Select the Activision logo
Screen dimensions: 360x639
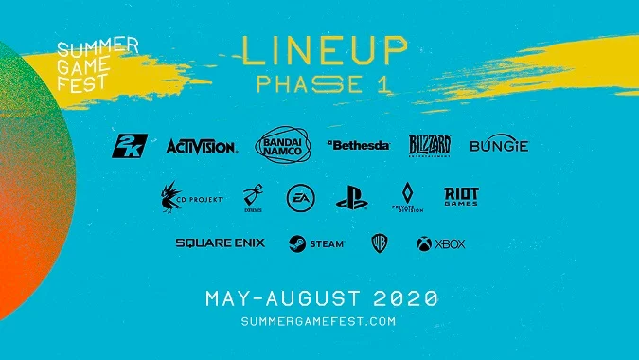coord(202,146)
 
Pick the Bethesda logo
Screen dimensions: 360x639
coord(359,145)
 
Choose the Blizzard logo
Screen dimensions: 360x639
coord(430,144)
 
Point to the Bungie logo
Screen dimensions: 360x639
coord(499,145)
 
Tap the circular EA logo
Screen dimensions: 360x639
coord(299,198)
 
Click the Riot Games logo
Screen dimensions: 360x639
coord(461,196)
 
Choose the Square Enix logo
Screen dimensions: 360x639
coord(221,243)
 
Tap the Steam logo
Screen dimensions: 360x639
coord(317,243)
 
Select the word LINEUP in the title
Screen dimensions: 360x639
coord(325,49)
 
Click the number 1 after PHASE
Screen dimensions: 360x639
coord(383,82)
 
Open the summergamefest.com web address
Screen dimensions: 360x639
coord(318,322)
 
